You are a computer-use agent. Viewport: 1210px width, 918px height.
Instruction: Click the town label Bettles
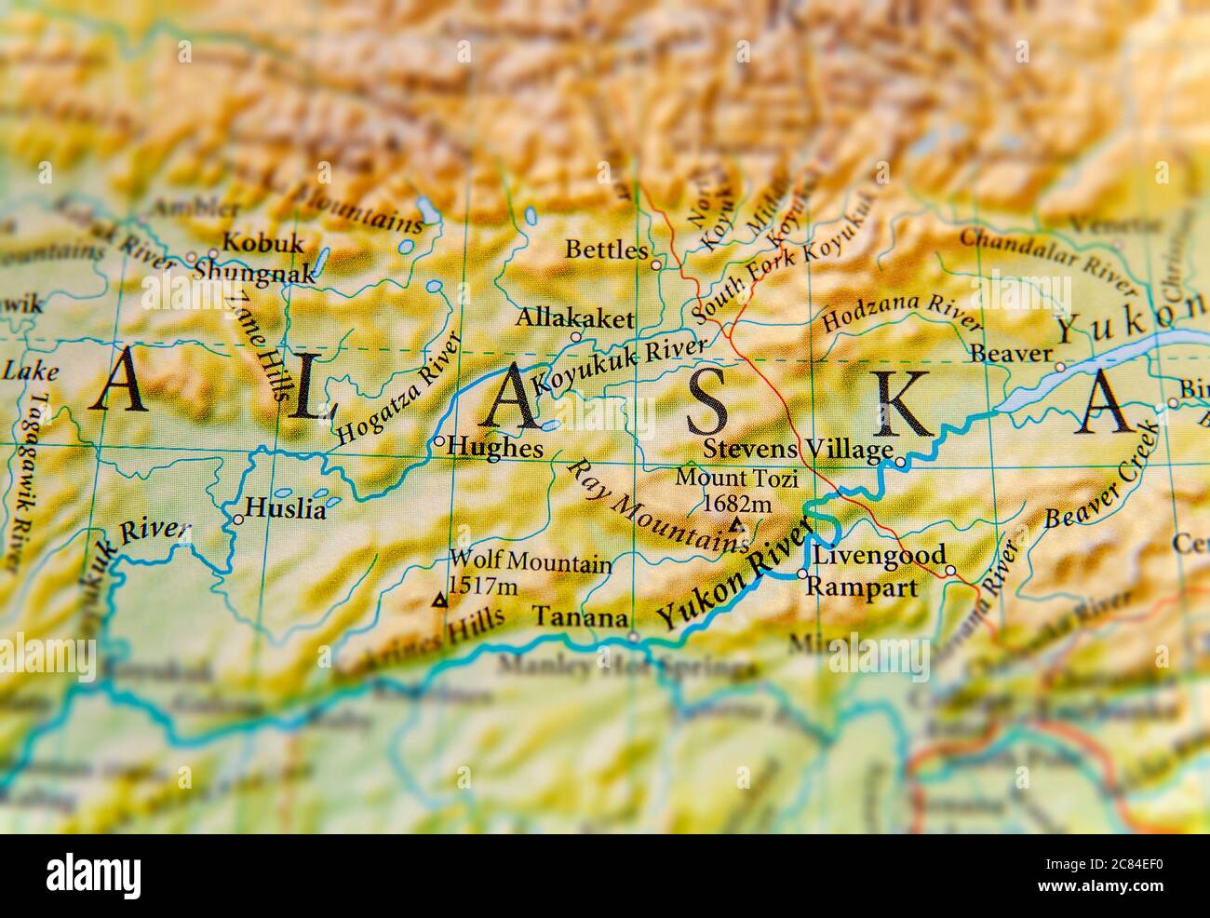(606, 250)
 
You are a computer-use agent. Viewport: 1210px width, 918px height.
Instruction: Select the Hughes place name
(495, 448)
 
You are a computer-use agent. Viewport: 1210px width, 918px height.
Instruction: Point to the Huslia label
(285, 510)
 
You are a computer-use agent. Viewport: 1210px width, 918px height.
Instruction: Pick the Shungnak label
(249, 269)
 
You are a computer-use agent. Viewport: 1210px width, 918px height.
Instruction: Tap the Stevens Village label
(798, 451)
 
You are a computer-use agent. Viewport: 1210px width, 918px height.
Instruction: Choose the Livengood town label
(879, 555)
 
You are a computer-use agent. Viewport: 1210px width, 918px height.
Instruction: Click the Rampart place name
(861, 587)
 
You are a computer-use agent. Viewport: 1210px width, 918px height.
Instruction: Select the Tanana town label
(578, 617)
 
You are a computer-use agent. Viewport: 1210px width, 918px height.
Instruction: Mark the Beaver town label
(1010, 354)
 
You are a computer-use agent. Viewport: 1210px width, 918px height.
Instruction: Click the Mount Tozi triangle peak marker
(736, 526)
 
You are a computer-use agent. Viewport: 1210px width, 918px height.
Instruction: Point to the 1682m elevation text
(737, 504)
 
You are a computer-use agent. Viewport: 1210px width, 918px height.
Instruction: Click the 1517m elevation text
(482, 586)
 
